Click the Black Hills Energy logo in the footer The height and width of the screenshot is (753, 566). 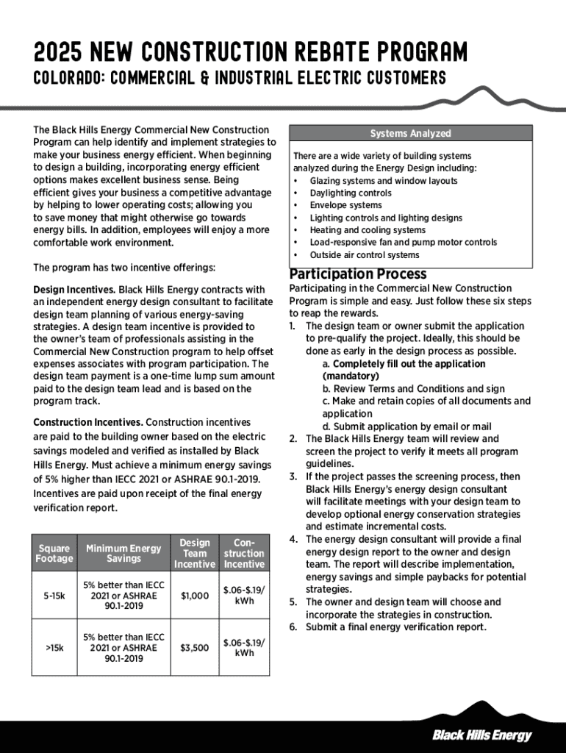[481, 735]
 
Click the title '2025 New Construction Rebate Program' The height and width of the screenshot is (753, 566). [250, 53]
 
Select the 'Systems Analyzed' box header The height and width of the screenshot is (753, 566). [410, 133]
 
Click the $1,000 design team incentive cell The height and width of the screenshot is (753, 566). [195, 596]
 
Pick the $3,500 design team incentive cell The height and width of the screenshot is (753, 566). [195, 648]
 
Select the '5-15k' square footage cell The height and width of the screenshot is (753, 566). [54, 596]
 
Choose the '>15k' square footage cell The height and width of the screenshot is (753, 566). [54, 648]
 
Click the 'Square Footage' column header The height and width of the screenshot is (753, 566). [54, 553]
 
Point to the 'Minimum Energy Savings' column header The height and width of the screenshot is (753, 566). [123, 553]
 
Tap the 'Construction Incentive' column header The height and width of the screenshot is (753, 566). [244, 553]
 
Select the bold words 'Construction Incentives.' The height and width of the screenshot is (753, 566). [88, 422]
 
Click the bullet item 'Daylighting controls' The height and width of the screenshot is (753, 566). [351, 193]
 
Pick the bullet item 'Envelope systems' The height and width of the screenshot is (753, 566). [345, 205]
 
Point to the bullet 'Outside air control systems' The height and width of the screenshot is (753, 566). [365, 255]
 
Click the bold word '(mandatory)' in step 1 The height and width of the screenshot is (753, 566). [351, 376]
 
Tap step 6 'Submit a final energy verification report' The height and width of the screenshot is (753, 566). [395, 627]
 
